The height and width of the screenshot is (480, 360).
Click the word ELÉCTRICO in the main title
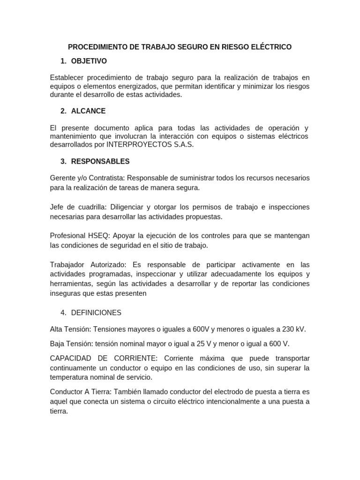pos(272,47)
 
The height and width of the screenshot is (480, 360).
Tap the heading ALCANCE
pos(88,111)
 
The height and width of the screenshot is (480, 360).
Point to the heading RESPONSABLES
pos(100,161)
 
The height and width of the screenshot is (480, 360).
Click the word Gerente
pos(63,178)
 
